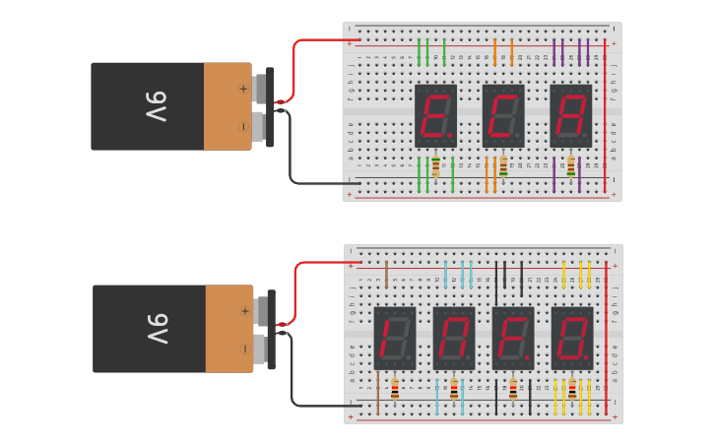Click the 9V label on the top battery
[157, 106]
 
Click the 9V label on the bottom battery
[159, 329]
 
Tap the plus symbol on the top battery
[243, 89]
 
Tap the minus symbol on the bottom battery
[244, 349]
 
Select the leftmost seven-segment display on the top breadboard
[435, 115]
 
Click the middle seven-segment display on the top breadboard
[502, 115]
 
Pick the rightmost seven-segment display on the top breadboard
[570, 115]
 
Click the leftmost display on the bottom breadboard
[395, 338]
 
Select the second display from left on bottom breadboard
[454, 338]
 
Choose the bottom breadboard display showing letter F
[513, 338]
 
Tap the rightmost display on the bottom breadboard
[572, 338]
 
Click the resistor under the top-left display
[435, 166]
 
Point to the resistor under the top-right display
[570, 166]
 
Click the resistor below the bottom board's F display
[513, 389]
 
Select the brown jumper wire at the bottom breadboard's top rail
[386, 271]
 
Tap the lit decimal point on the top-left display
[450, 135]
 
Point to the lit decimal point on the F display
[527, 357]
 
